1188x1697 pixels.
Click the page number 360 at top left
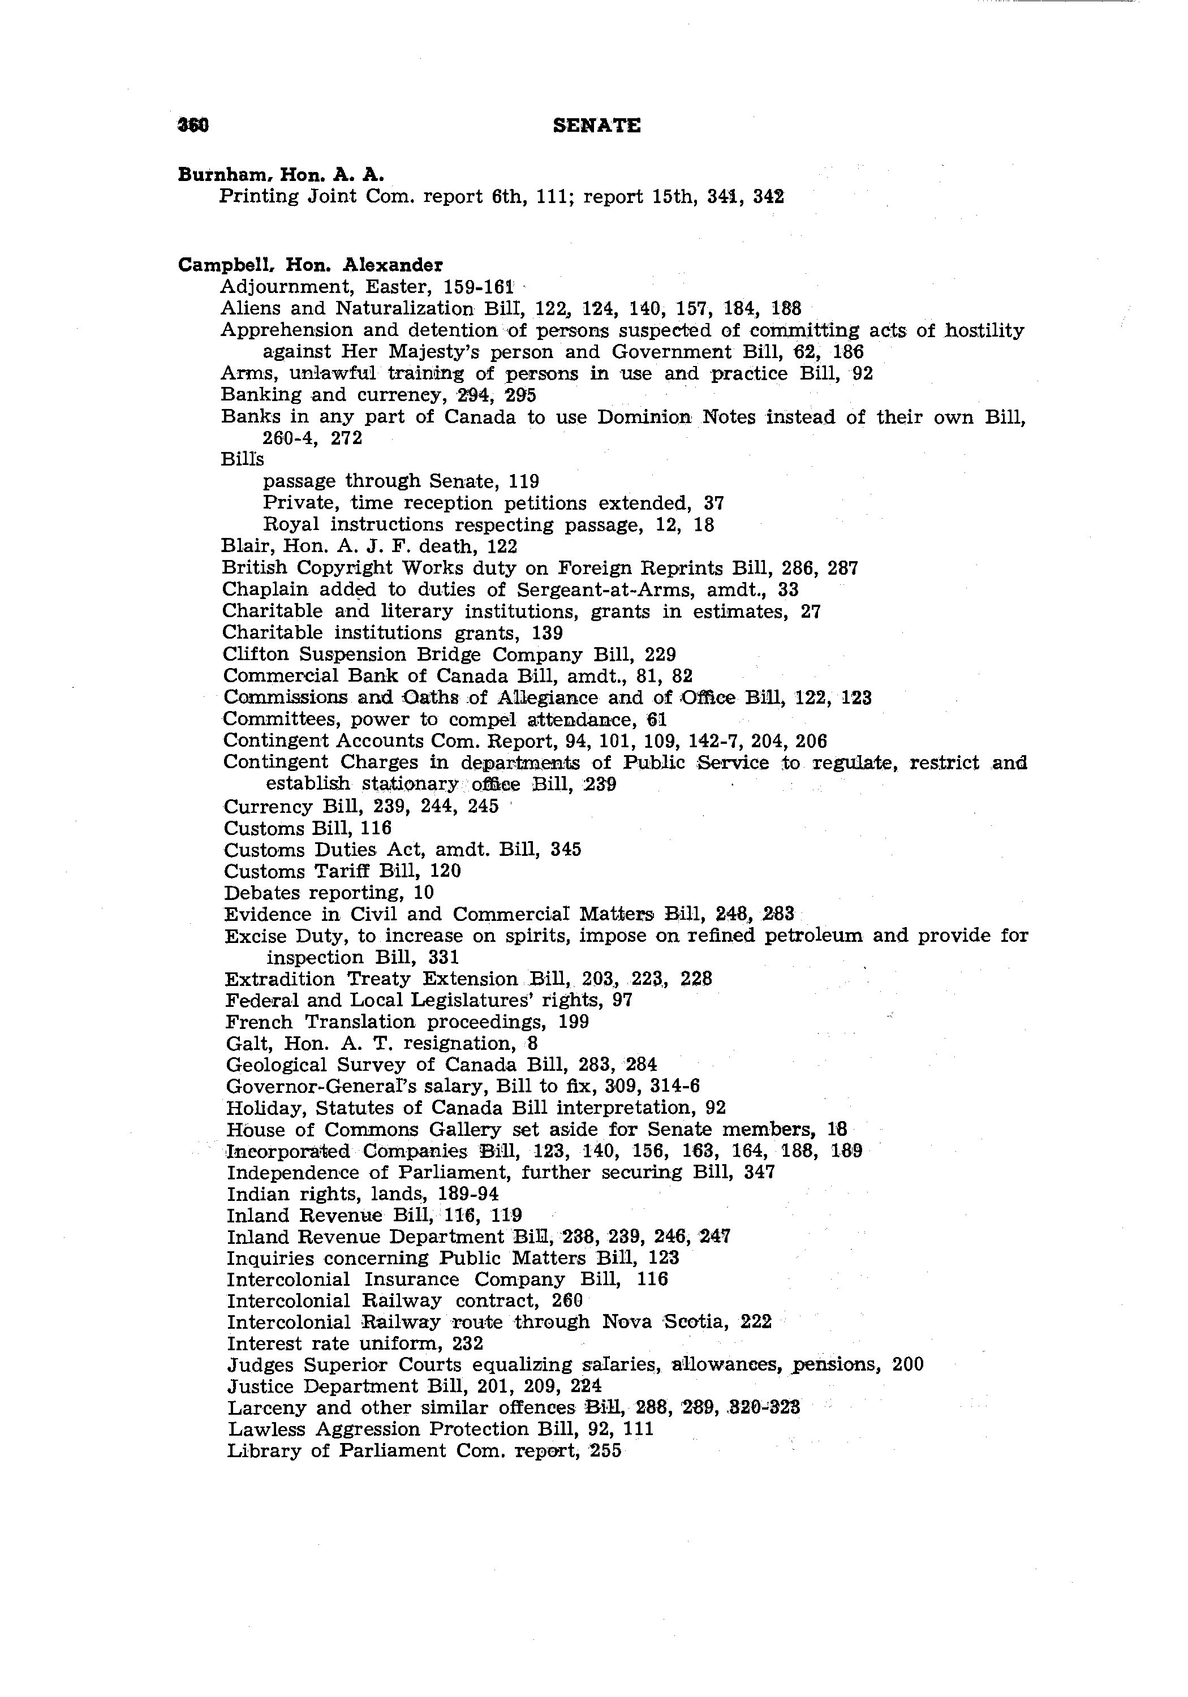point(193,126)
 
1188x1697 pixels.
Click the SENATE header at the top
point(597,126)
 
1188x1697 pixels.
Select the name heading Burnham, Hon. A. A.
point(281,174)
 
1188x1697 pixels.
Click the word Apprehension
point(286,330)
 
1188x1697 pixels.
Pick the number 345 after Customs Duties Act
point(566,849)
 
